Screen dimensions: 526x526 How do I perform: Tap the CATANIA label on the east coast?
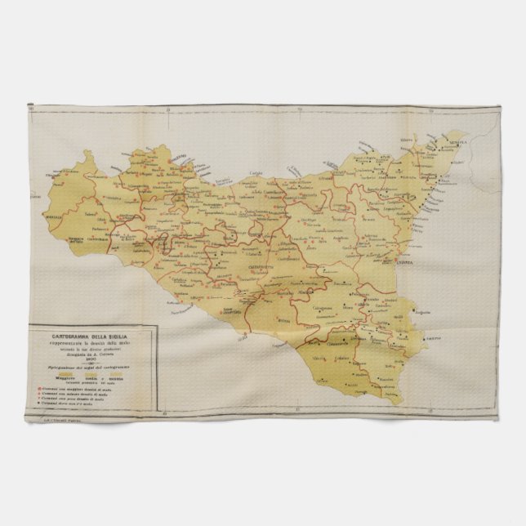click(426, 263)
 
